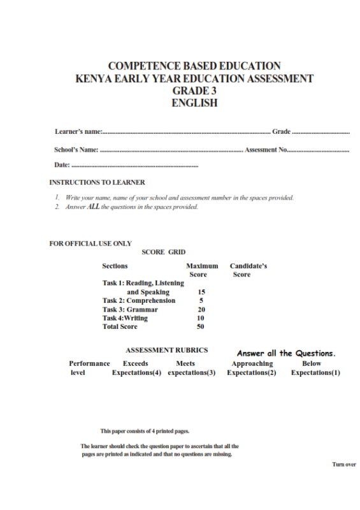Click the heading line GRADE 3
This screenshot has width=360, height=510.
click(194, 91)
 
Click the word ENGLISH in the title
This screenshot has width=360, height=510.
click(194, 103)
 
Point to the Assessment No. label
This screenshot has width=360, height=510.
click(266, 150)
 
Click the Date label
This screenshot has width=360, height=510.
click(62, 166)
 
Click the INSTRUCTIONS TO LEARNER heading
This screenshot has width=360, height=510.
click(97, 182)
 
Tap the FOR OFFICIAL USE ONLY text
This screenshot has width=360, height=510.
click(90, 244)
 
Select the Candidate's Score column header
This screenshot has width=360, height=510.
click(248, 270)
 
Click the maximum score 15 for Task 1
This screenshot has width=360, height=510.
click(201, 292)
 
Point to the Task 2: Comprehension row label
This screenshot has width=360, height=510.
click(139, 300)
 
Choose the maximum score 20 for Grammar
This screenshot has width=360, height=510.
click(201, 309)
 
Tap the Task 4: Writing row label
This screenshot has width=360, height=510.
click(126, 317)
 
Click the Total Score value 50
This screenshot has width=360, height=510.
click(201, 326)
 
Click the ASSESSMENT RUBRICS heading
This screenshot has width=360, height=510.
click(167, 351)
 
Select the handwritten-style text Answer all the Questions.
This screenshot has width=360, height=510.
click(286, 353)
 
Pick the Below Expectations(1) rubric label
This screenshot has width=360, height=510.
click(315, 368)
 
